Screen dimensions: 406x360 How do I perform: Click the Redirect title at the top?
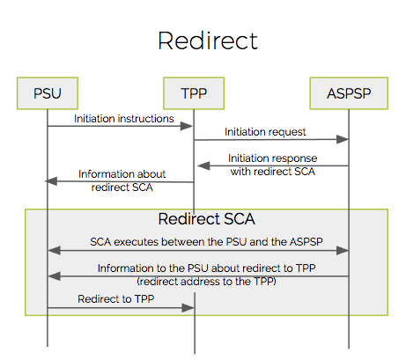pos(208,40)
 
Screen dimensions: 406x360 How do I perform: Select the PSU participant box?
pos(48,93)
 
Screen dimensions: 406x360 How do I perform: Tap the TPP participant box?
pos(194,93)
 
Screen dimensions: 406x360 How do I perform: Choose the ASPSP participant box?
pos(349,93)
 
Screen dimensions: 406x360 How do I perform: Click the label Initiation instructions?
pos(124,119)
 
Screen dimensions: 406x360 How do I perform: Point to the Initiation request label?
pos(265,132)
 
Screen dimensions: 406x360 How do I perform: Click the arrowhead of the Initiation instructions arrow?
pos(186,126)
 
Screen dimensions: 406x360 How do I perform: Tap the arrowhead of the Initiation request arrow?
pos(343,139)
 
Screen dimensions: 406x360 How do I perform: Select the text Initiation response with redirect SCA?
pos(273,165)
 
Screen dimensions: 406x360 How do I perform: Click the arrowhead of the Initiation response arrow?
pos(203,165)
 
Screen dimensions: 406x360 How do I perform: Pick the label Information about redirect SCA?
pos(122,180)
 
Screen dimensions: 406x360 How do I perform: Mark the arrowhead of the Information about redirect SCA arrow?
pos(51,181)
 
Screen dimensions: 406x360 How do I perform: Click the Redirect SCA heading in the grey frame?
pos(207,219)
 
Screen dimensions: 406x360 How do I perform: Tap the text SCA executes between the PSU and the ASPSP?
pos(206,242)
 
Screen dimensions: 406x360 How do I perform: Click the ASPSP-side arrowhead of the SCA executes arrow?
pos(343,251)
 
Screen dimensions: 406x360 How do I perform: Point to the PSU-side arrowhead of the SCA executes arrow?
pos(54,251)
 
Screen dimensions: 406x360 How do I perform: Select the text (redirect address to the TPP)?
pos(206,282)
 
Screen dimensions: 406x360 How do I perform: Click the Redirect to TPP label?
pos(116,298)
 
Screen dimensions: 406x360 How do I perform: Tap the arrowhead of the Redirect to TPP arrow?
pos(188,308)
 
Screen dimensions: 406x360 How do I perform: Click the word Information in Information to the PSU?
pos(119,268)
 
